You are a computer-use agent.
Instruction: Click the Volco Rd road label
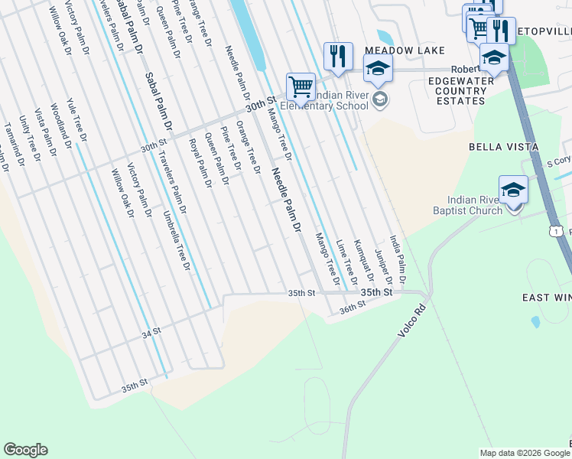pos(411,323)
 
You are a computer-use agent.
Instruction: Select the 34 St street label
pos(151,333)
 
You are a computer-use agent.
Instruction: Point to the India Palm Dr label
pos(398,256)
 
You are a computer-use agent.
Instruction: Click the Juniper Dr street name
pos(383,264)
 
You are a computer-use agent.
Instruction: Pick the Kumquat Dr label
pos(364,264)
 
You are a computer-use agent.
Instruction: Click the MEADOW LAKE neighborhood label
pos(395,50)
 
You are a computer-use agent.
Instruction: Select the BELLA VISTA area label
pos(504,146)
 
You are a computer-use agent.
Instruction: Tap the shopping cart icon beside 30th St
pos(301,86)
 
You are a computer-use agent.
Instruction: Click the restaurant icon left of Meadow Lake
pos(337,55)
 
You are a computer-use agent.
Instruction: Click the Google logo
pos(26,450)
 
